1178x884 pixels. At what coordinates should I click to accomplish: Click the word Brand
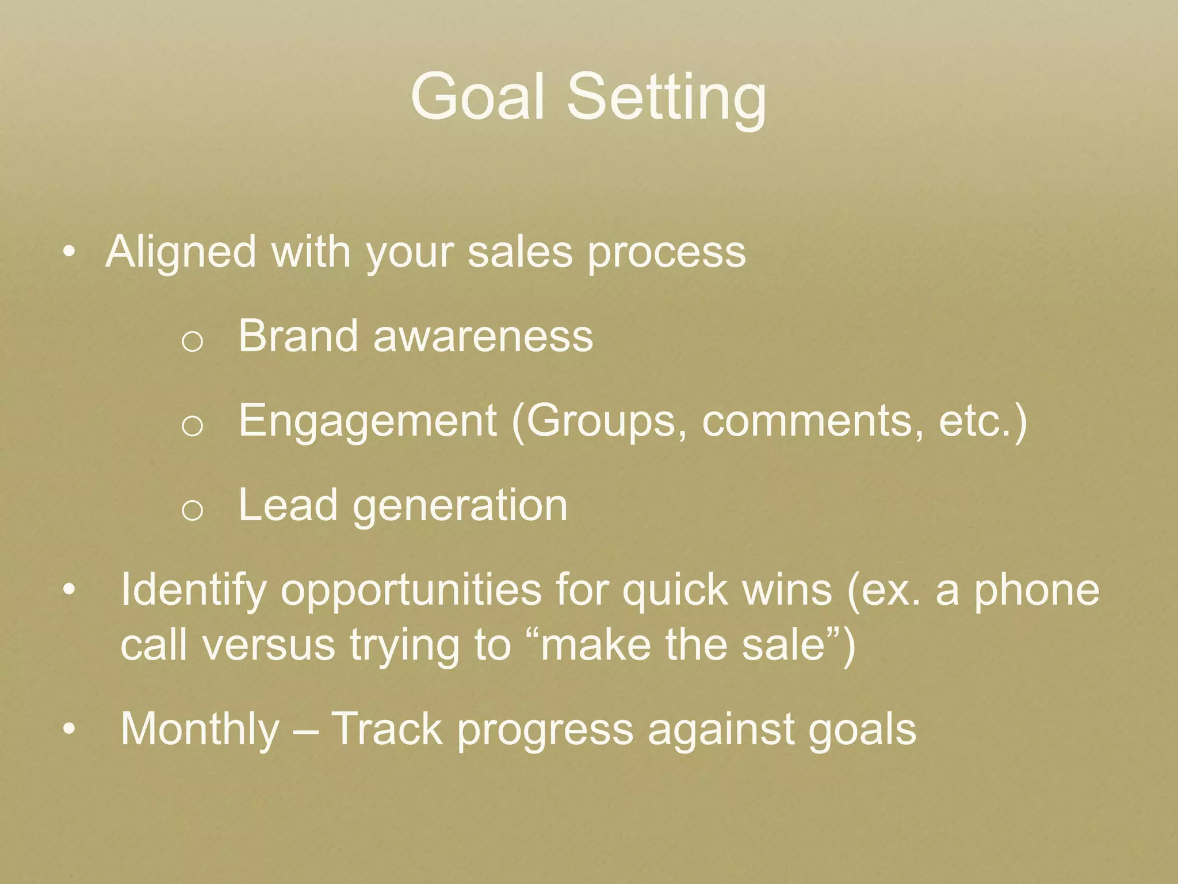(298, 336)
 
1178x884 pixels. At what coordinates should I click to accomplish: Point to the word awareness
(483, 337)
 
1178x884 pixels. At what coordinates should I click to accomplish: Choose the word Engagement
(368, 421)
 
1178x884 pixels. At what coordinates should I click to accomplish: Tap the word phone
(1036, 590)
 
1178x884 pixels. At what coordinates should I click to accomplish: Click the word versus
(269, 645)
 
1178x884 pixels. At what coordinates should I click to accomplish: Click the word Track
(387, 729)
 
